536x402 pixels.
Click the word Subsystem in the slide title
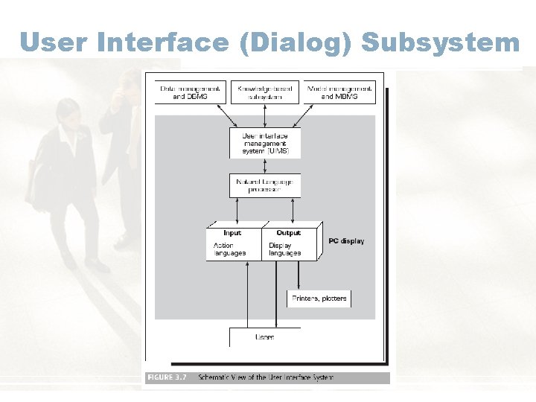click(x=440, y=42)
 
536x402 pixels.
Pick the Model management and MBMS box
click(x=340, y=92)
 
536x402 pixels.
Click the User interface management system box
click(x=265, y=143)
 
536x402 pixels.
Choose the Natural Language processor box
click(x=265, y=186)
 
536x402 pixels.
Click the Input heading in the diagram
click(x=232, y=233)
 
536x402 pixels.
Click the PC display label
click(x=347, y=241)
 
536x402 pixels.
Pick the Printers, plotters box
click(x=319, y=299)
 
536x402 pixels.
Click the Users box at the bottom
click(x=265, y=337)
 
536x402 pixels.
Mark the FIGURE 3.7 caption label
click(x=167, y=377)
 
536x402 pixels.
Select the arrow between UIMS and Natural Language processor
click(x=265, y=166)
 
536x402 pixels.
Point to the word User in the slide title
click(x=55, y=42)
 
